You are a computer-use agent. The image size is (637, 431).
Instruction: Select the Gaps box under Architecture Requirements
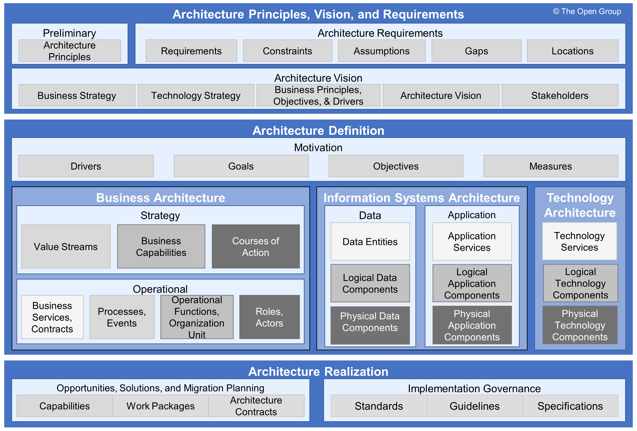click(x=476, y=51)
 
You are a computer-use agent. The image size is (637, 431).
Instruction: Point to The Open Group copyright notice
click(x=587, y=11)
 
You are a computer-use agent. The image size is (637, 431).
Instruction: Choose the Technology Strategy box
click(x=196, y=96)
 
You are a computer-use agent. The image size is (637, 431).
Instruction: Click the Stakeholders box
click(x=560, y=96)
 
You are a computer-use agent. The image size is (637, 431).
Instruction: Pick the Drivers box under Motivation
click(x=86, y=166)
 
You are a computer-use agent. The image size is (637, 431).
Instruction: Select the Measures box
click(x=550, y=166)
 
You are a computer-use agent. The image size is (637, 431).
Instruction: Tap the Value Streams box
click(x=66, y=246)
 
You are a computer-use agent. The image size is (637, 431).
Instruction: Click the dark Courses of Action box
click(x=255, y=246)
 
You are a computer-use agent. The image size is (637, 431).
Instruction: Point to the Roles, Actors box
click(x=269, y=317)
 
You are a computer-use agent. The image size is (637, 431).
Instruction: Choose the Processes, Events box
click(x=122, y=317)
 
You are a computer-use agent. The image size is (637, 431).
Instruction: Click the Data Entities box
click(x=370, y=242)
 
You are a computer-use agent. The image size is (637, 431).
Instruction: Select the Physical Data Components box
click(x=370, y=325)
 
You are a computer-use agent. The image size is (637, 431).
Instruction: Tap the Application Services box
click(x=472, y=242)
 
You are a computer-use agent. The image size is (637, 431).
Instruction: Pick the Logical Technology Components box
click(x=580, y=283)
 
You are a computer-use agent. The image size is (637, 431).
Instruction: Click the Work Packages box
click(x=160, y=406)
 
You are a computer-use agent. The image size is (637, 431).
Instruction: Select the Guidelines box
click(x=474, y=406)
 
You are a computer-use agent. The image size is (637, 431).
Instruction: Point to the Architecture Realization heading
click(x=318, y=371)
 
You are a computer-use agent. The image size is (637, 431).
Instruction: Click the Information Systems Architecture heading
click(x=422, y=198)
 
